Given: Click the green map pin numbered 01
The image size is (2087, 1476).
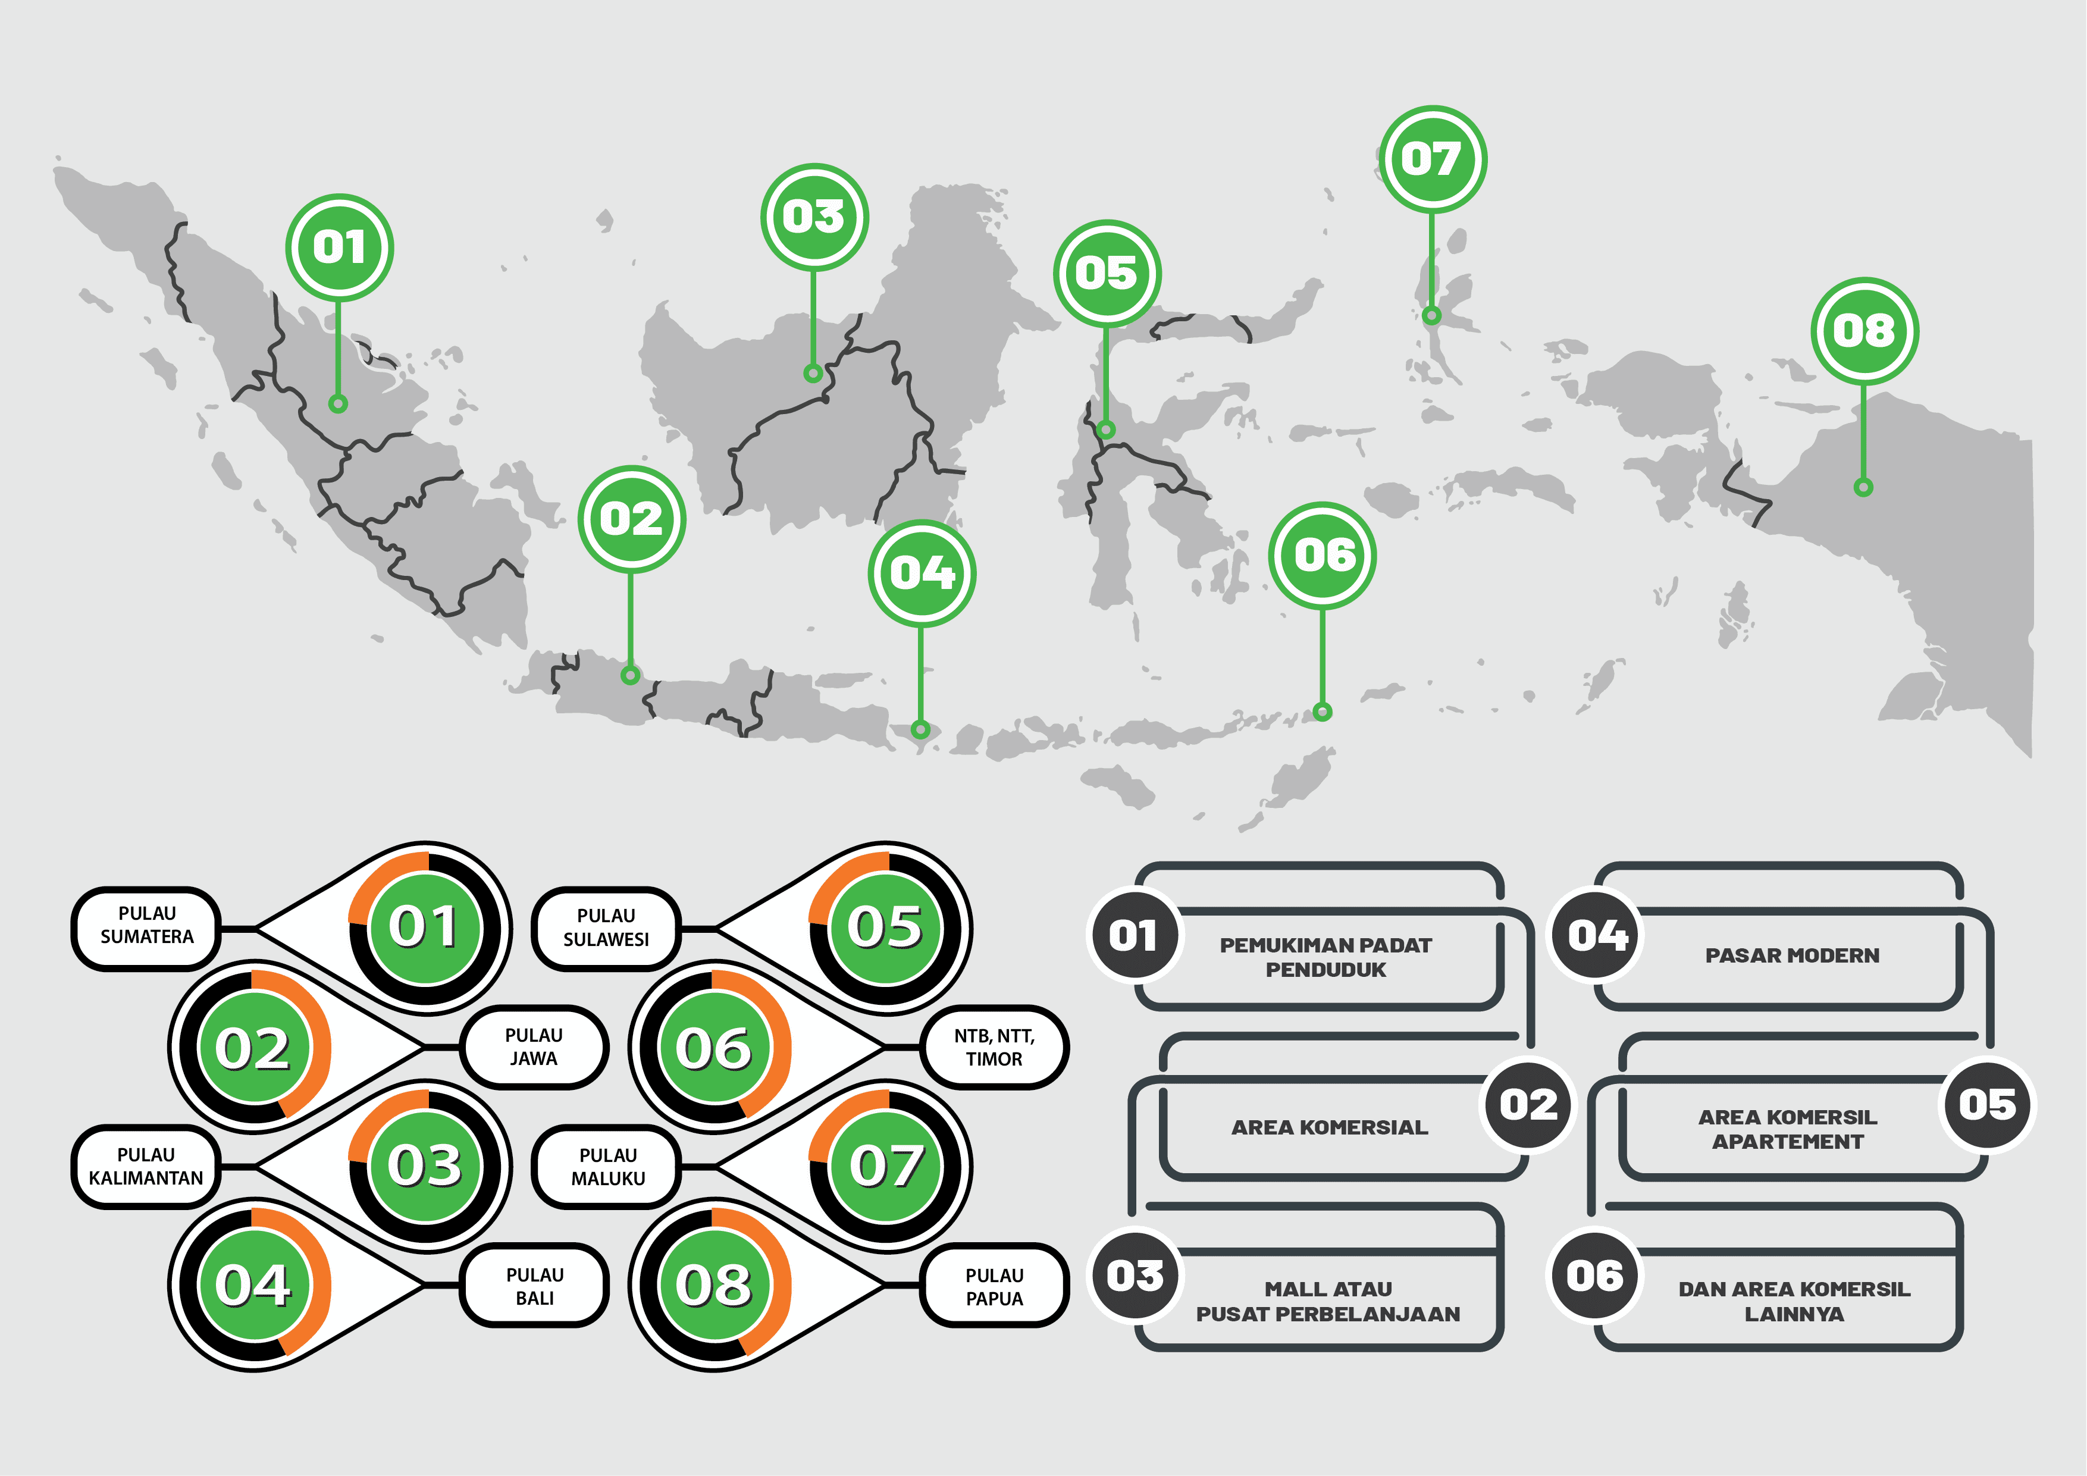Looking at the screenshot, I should tap(339, 247).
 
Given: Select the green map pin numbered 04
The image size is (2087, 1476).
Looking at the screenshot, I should tap(922, 574).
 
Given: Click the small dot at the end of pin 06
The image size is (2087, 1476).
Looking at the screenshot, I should tap(1323, 712).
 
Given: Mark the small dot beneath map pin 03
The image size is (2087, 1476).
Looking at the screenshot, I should tap(813, 372).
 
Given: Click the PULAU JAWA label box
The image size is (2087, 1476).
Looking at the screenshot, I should tap(534, 1047).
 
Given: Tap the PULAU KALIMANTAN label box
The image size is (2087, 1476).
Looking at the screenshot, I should tap(145, 1166).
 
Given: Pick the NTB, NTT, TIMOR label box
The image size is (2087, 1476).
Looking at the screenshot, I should tap(994, 1047).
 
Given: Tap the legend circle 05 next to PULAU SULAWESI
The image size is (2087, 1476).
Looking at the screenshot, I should tap(886, 928).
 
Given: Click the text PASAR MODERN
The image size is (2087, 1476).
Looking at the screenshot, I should tap(1791, 955).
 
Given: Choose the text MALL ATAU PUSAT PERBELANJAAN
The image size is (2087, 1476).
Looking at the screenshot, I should tap(1328, 1302).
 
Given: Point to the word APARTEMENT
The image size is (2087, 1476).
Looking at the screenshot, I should tap(1787, 1142).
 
